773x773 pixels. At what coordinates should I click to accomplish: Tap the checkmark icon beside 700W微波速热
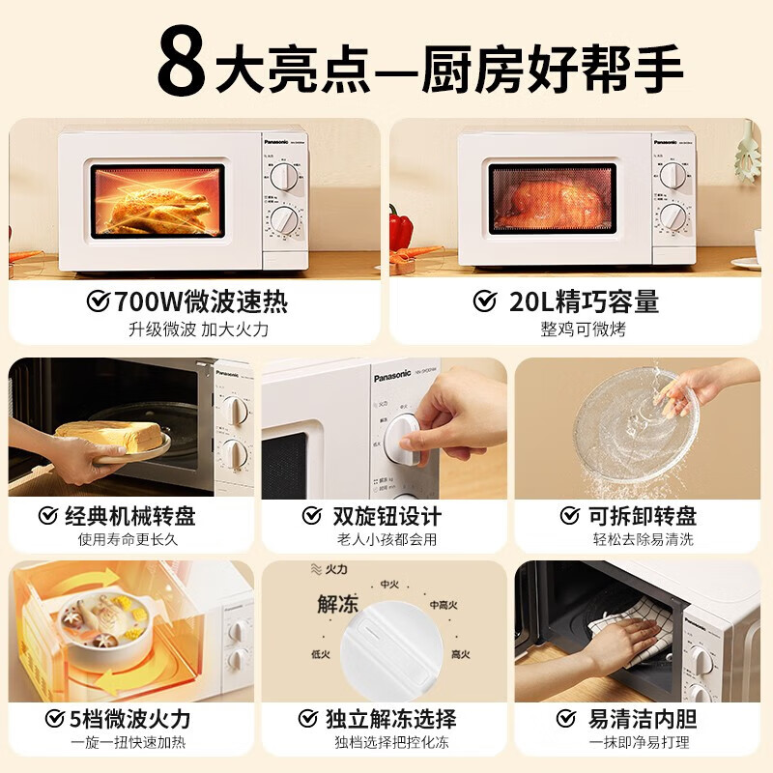tap(99, 301)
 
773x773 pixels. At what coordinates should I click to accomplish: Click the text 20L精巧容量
tap(583, 301)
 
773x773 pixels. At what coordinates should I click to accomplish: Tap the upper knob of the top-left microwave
tap(283, 176)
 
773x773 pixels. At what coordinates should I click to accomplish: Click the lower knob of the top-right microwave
tap(673, 218)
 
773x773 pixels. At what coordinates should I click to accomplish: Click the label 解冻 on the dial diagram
tap(337, 605)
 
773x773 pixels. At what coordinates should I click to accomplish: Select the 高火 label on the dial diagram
tap(460, 654)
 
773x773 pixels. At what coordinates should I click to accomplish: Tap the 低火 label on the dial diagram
tap(321, 654)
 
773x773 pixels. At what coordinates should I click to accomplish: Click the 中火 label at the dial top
tap(389, 584)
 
